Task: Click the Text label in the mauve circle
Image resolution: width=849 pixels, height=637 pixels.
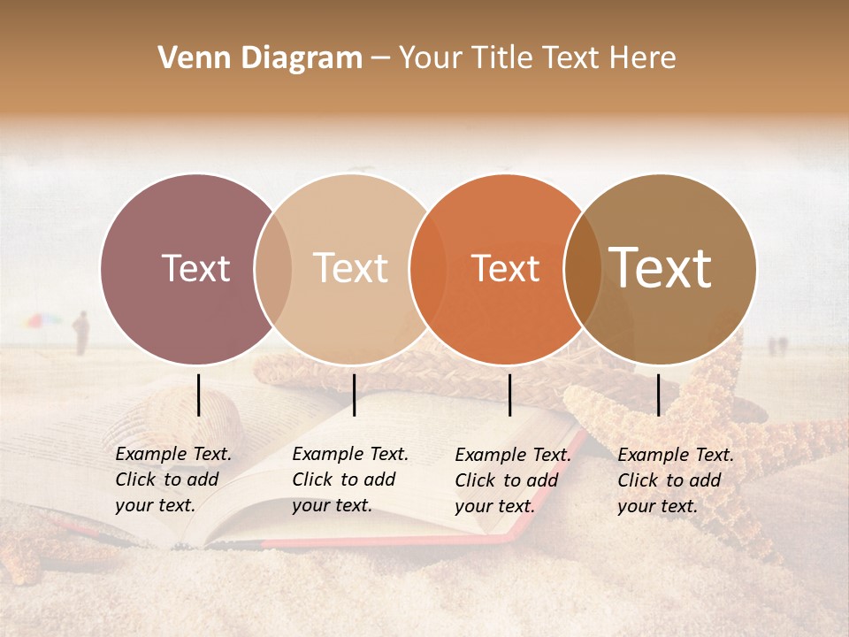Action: pyautogui.click(x=195, y=268)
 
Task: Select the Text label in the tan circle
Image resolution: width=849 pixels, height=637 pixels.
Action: pyautogui.click(x=350, y=268)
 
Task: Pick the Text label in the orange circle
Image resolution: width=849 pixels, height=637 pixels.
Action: pyautogui.click(x=505, y=268)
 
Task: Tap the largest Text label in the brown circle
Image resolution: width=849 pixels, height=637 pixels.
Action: pyautogui.click(x=660, y=268)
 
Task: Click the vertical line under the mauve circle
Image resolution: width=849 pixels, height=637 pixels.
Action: pyautogui.click(x=199, y=395)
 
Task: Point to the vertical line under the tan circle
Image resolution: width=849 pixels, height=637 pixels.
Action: pyautogui.click(x=354, y=395)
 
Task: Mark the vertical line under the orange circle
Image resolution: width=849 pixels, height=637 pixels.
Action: pyautogui.click(x=510, y=395)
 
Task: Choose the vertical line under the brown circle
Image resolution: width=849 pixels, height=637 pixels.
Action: pyautogui.click(x=659, y=395)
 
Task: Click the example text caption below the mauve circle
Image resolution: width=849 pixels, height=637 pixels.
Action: pyautogui.click(x=172, y=480)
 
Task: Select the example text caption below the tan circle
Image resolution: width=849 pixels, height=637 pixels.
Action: pyautogui.click(x=349, y=480)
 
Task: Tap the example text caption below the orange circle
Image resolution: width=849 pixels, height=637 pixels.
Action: pyautogui.click(x=512, y=480)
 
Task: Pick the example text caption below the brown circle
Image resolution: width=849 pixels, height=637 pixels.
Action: pyautogui.click(x=675, y=480)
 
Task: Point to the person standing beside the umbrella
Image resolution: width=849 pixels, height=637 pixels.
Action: pyautogui.click(x=81, y=333)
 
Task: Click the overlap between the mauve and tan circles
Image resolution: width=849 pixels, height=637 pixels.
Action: pyautogui.click(x=273, y=269)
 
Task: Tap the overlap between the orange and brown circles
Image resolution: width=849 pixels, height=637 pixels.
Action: pyautogui.click(x=583, y=269)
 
